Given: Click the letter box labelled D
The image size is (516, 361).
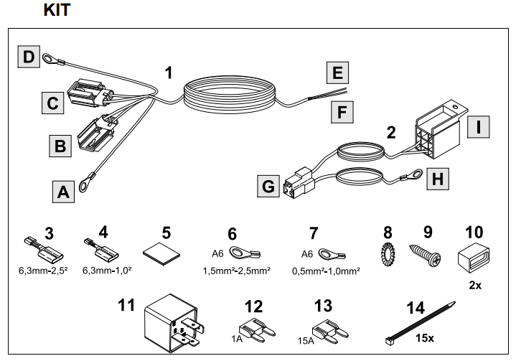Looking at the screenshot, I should pyautogui.click(x=27, y=57).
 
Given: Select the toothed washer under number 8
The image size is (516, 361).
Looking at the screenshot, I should pyautogui.click(x=385, y=255).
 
